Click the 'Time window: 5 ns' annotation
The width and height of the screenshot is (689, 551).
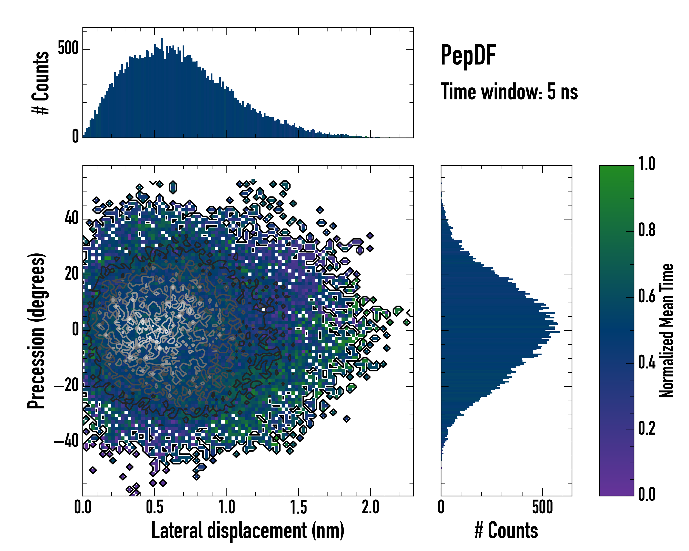509,92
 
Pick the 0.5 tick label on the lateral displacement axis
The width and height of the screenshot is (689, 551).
155,507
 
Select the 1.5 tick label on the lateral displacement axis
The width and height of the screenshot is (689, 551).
299,507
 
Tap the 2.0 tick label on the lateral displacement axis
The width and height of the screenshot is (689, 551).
370,507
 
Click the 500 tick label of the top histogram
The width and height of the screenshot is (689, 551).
68,49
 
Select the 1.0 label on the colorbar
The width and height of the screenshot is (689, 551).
647,164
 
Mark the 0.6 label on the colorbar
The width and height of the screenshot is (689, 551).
647,296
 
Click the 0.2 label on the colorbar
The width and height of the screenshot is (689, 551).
647,428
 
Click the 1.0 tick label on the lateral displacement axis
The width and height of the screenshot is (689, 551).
227,507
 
